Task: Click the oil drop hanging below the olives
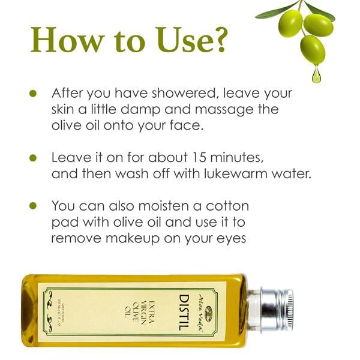[x=316, y=76]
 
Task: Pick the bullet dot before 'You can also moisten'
[x=34, y=206]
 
